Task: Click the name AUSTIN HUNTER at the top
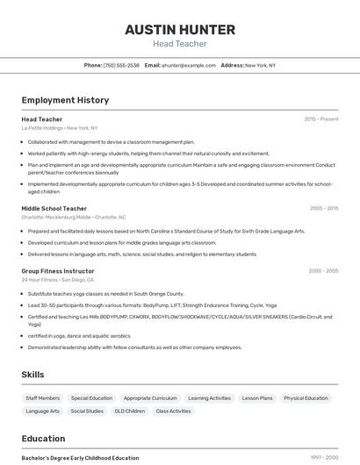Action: [180, 30]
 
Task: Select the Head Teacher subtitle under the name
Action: [180, 44]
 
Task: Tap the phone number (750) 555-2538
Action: [121, 65]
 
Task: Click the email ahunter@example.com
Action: [188, 65]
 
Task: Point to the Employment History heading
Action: [65, 100]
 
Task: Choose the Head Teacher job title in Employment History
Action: [42, 118]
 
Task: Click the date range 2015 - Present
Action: [320, 118]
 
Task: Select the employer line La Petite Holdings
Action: [60, 128]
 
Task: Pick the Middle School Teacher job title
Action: [54, 208]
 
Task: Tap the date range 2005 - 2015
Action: [323, 208]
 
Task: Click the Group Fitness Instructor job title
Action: [58, 270]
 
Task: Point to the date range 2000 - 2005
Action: [323, 270]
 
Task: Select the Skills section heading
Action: [32, 375]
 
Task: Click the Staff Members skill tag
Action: [43, 397]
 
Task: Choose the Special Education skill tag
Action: [91, 397]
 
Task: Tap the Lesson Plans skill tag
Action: [257, 397]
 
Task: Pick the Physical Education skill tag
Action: [306, 397]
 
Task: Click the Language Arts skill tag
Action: [43, 411]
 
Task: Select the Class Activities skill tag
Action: [174, 411]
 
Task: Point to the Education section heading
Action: [44, 438]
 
